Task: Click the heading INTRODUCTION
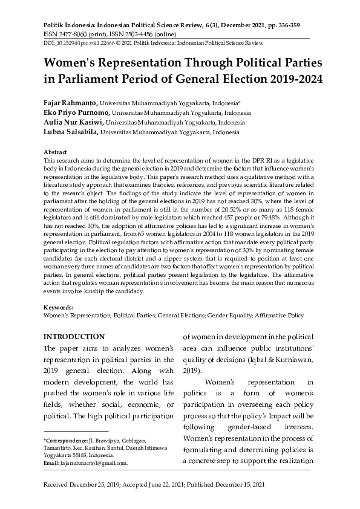74,337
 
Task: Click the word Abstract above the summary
55,152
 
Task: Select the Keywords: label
59,308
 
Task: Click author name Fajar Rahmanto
70,103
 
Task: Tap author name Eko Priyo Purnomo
76,112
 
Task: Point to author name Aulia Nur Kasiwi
74,122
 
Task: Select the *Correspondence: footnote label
65,441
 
